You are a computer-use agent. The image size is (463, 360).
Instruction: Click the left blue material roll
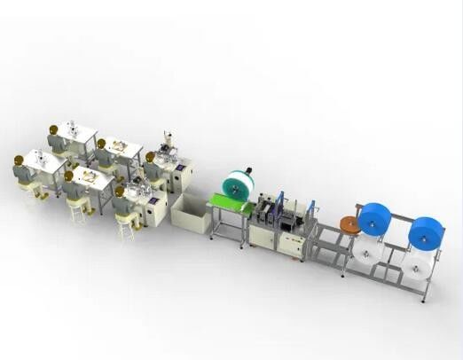point(374,218)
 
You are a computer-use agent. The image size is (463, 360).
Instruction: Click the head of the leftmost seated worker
point(19,160)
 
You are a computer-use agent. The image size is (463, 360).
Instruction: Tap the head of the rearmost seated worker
point(55,131)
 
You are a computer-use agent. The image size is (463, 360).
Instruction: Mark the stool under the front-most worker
point(125,228)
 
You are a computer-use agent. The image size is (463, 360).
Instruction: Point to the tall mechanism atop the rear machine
point(166,142)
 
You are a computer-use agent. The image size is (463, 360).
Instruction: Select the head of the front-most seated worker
point(119,192)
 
